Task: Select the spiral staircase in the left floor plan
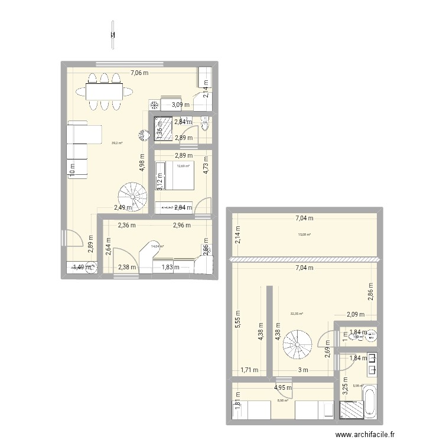(x=133, y=196)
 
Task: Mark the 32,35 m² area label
(x=297, y=314)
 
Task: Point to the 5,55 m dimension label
(x=237, y=322)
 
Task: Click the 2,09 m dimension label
(x=356, y=315)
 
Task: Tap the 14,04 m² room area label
(x=157, y=246)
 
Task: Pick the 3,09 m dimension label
(x=180, y=105)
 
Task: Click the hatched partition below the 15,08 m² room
(x=304, y=259)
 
